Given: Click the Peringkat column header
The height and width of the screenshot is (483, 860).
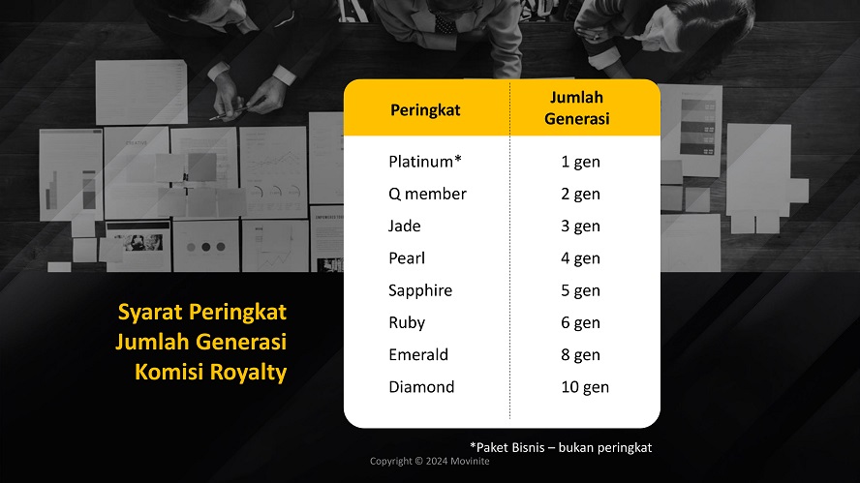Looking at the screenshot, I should click(x=425, y=109).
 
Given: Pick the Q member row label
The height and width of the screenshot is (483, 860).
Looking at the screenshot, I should click(x=427, y=194).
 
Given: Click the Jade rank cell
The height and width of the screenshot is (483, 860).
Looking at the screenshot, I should click(x=405, y=226).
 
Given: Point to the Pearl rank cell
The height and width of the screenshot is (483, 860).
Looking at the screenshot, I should click(x=407, y=258).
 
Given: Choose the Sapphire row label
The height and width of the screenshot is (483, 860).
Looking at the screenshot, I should click(x=420, y=290).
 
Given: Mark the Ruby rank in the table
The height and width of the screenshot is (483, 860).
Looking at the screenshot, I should click(x=407, y=322).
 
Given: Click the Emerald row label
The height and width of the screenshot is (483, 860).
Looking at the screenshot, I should click(x=418, y=354).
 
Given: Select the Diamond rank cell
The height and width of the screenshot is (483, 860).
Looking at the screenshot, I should click(x=421, y=387).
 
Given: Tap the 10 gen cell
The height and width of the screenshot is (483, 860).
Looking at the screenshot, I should click(x=585, y=387).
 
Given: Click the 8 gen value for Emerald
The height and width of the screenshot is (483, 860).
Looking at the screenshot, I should click(x=580, y=354).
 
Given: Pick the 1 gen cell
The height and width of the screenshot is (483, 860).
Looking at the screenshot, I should click(x=580, y=162).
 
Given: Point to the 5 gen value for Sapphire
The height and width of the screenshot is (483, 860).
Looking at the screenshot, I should click(x=580, y=290).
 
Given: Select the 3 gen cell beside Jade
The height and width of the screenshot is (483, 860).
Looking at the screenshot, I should click(x=580, y=226).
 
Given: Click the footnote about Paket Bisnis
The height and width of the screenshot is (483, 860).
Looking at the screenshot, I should click(x=561, y=447).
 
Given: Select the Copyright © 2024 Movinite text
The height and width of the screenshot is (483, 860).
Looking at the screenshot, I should click(x=430, y=461).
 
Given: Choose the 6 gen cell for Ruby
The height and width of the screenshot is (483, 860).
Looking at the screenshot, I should click(x=580, y=322).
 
